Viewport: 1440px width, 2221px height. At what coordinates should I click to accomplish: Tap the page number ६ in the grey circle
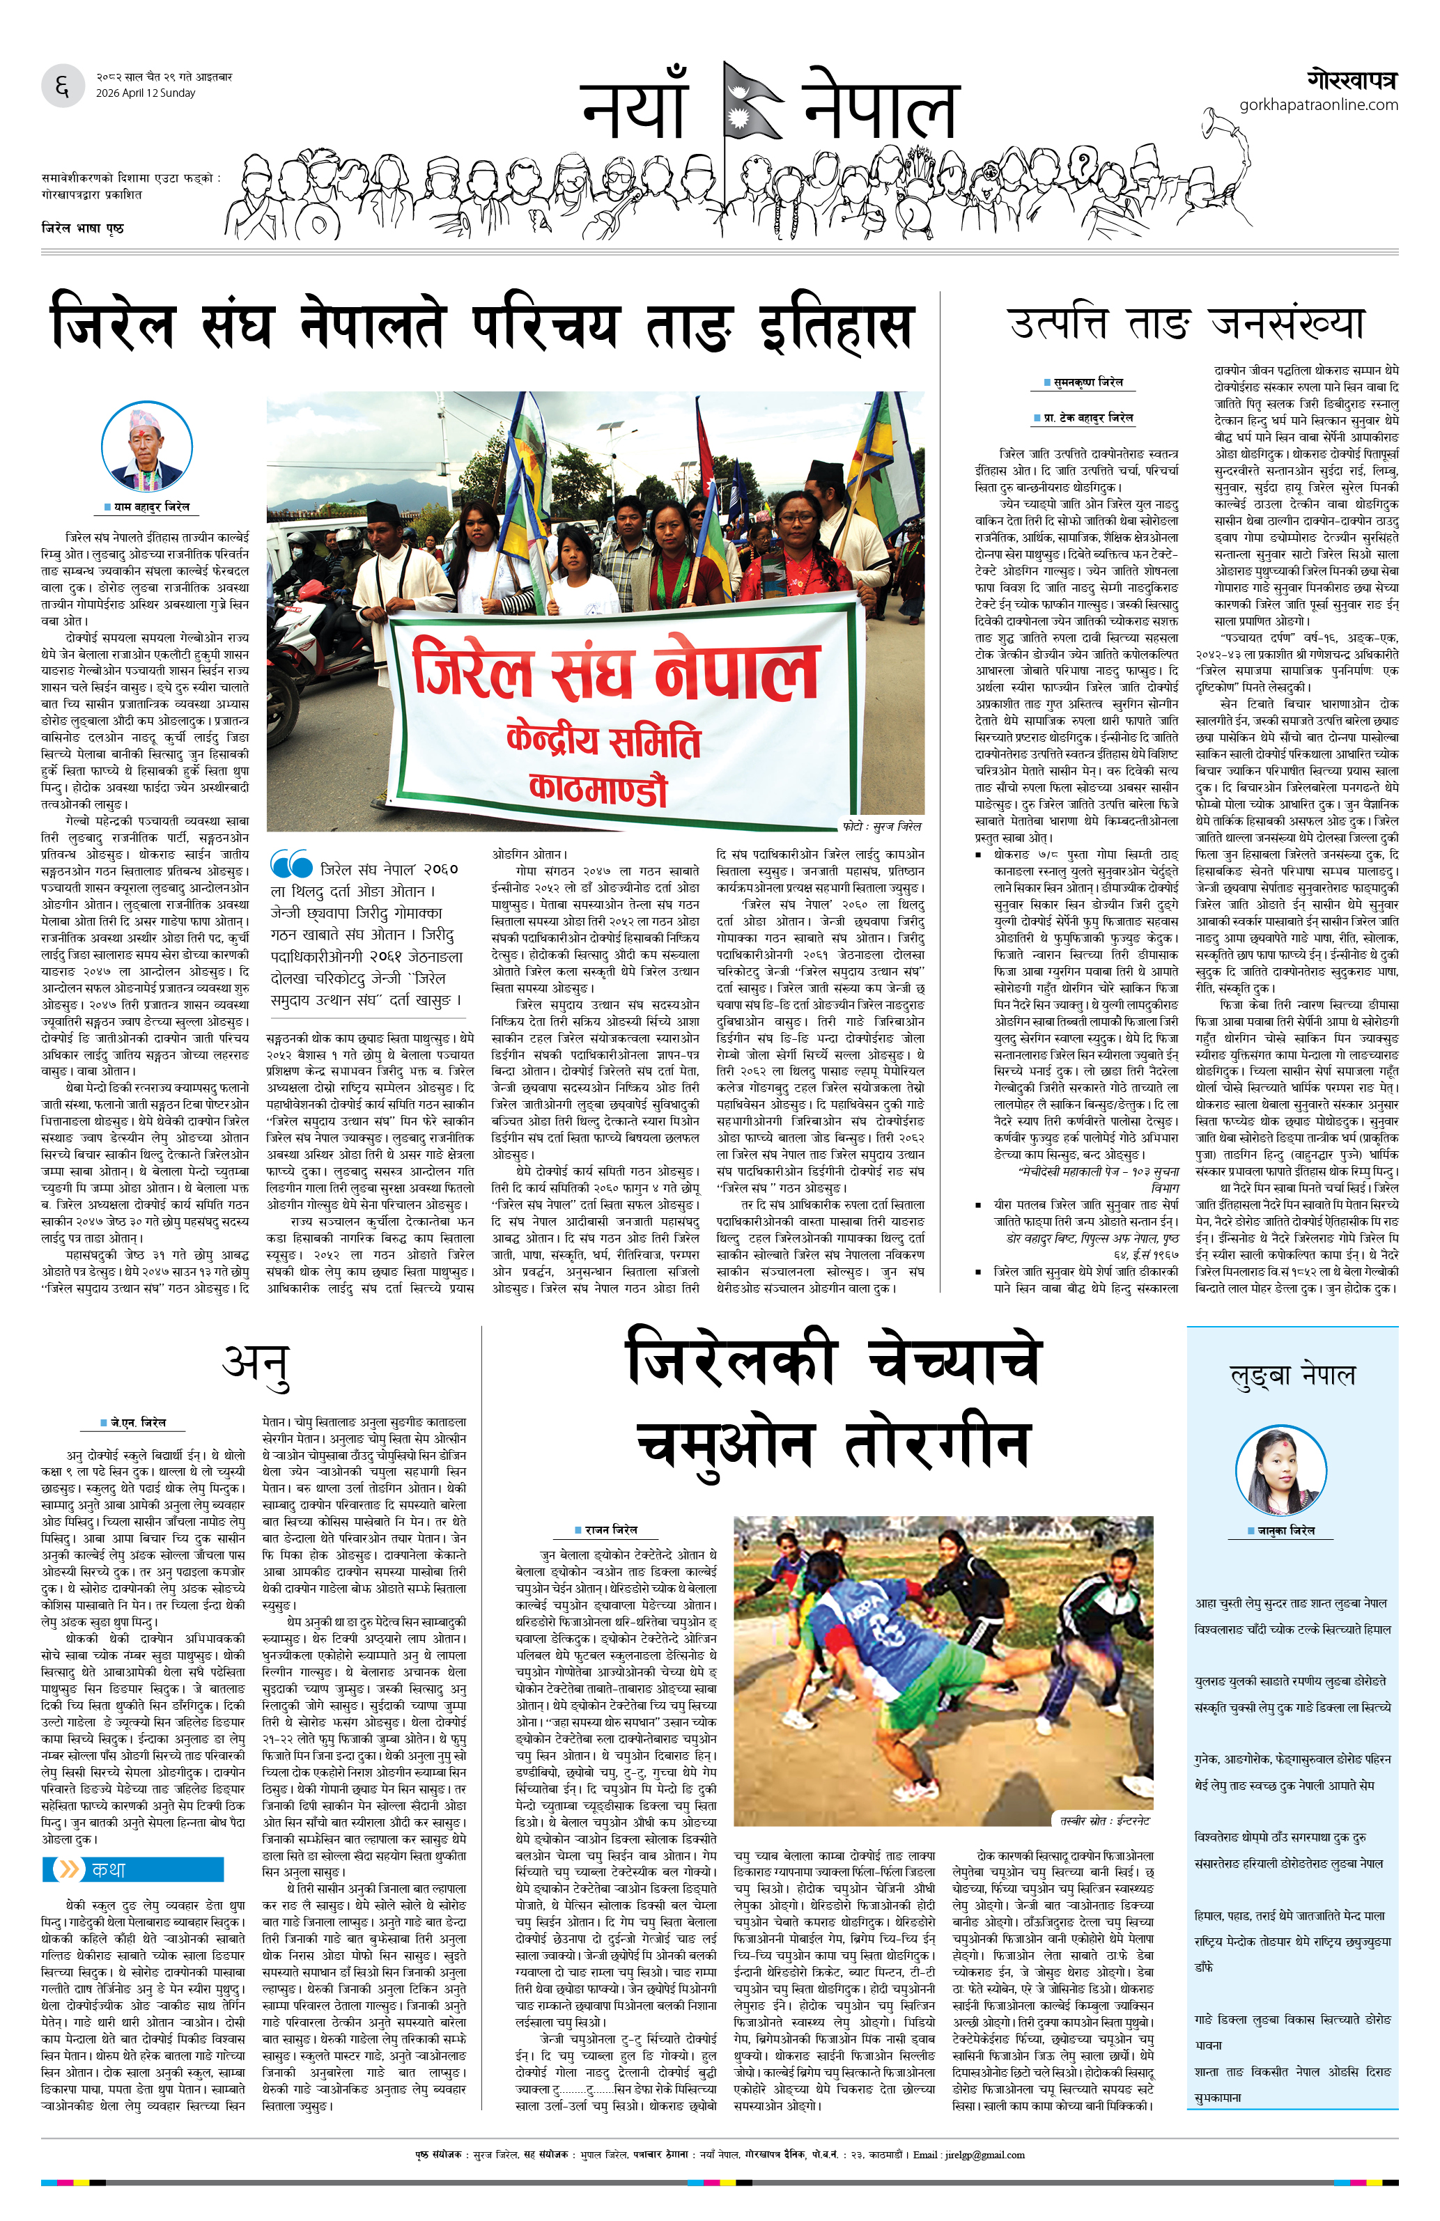[x=63, y=87]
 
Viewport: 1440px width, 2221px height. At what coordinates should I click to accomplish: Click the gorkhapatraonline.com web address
[x=1318, y=105]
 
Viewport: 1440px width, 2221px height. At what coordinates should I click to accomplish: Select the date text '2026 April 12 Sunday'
[x=146, y=93]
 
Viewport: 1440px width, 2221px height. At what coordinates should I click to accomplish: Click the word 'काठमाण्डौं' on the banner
[x=598, y=788]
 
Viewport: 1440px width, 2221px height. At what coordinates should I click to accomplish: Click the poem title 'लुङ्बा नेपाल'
[x=1292, y=1376]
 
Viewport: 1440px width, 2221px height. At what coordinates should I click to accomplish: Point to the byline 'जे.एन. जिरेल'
[x=134, y=1422]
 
